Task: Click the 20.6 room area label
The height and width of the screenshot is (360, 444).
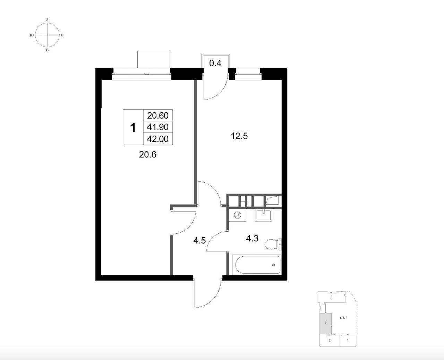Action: [x=147, y=155]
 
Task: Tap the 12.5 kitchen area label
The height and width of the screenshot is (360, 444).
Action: [x=239, y=136]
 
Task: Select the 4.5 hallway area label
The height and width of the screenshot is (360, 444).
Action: [x=199, y=241]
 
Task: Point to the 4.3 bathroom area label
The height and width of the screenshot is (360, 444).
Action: [x=252, y=238]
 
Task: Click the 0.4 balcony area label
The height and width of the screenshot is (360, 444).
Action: [x=215, y=63]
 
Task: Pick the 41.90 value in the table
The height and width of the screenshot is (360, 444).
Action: [x=158, y=127]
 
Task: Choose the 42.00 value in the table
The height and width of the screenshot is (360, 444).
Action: [x=158, y=139]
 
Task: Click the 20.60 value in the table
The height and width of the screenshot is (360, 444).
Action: [x=158, y=115]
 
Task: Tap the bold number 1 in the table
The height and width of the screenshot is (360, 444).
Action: [x=133, y=127]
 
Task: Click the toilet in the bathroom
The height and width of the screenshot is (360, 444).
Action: [x=273, y=244]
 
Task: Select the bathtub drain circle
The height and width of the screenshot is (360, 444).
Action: [x=273, y=265]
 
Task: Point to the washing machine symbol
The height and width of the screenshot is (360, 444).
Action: [x=237, y=215]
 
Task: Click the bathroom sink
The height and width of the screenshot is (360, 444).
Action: [x=263, y=215]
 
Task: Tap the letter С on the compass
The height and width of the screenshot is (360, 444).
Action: [x=62, y=35]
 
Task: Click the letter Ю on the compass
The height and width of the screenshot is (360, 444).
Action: [x=32, y=35]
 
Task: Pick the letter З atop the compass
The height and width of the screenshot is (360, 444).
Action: [x=47, y=20]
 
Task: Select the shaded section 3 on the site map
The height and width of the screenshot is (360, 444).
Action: [x=325, y=322]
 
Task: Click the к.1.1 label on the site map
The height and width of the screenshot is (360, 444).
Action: [x=343, y=318]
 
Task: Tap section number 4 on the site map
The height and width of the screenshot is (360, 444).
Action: [x=331, y=298]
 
